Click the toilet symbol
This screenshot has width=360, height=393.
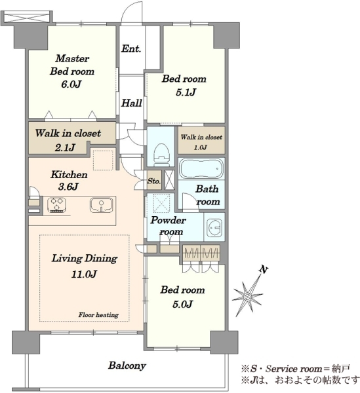161,155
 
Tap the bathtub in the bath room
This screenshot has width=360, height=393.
201,168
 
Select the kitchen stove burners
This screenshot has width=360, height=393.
57,205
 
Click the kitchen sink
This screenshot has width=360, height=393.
102,205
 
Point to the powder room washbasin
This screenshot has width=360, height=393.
214,227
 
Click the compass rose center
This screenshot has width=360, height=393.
248,297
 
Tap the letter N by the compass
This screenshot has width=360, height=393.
263,270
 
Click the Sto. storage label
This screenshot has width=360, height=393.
154,181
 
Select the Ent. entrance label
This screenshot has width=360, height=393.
131,48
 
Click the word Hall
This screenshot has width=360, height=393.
131,103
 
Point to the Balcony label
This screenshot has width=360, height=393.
127,365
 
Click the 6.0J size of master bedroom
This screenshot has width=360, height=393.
71,84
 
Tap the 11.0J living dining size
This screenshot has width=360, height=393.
84,274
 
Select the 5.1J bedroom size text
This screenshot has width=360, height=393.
186,92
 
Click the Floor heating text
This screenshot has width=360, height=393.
98,315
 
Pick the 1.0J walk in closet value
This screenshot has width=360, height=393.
201,147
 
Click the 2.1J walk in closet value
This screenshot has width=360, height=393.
65,147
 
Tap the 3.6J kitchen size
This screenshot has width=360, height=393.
68,187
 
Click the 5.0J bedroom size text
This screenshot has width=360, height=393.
183,304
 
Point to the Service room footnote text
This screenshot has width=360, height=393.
296,369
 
